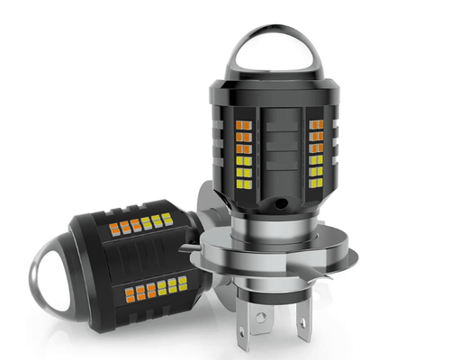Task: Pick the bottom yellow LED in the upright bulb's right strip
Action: [315, 180]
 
